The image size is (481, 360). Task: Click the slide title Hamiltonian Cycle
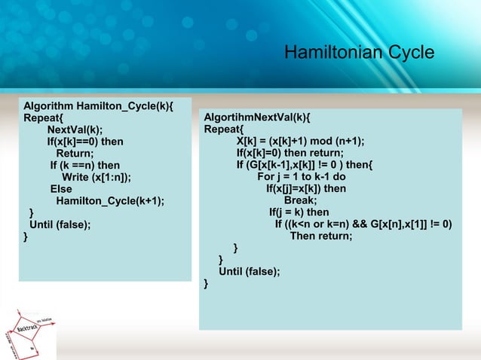[x=359, y=53]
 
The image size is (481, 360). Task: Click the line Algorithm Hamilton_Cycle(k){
[x=98, y=105]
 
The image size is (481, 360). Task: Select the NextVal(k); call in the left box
[x=75, y=129]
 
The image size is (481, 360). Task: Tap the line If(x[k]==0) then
[x=85, y=141]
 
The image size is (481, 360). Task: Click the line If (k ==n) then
[x=85, y=165]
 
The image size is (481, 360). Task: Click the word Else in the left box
[x=61, y=189]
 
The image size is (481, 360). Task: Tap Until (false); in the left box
[x=60, y=225]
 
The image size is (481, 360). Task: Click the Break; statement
[x=300, y=200]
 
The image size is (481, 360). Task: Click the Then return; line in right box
[x=321, y=236]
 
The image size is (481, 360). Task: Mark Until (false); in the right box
[x=249, y=271]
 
